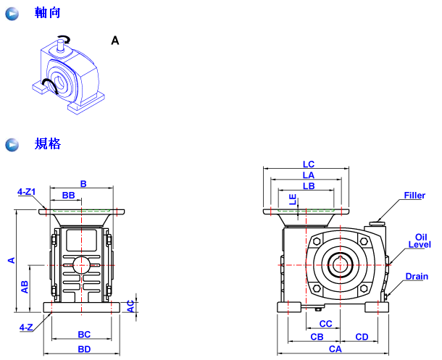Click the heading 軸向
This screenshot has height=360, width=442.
tap(48, 14)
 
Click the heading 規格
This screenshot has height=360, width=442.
tap(48, 144)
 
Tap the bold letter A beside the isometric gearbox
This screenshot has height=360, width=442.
tap(114, 41)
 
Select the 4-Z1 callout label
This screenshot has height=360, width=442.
tap(27, 192)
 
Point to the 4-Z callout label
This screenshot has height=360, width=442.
tap(26, 327)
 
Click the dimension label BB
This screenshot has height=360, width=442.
tap(69, 196)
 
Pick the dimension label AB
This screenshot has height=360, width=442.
tap(25, 287)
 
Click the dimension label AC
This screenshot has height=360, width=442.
tap(130, 306)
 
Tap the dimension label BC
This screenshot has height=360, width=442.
tap(84, 334)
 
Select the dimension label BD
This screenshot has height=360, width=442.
tap(85, 349)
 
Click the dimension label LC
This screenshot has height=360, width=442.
tap(309, 164)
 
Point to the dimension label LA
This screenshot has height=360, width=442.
tap(309, 175)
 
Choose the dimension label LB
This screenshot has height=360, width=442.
tap(309, 185)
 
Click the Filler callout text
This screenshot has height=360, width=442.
tap(414, 196)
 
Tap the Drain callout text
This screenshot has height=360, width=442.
tap(417, 276)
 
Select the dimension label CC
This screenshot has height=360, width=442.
tap(325, 324)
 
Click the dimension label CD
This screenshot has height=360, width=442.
tap(362, 337)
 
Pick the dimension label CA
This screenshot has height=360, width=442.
tap(335, 349)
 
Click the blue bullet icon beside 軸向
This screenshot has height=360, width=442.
tap(12, 14)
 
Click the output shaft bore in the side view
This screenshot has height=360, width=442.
tap(340, 264)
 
